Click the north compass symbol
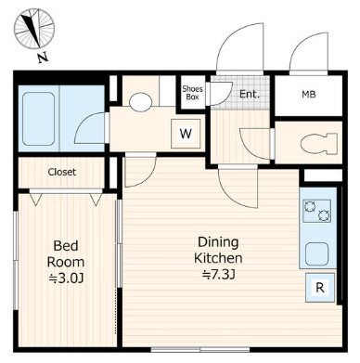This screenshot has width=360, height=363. [x=34, y=29]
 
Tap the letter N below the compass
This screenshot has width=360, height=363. [x=43, y=58]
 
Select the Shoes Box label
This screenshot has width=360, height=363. [x=192, y=93]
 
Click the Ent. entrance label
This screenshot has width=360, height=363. [x=250, y=94]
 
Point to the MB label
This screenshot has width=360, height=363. [x=309, y=95]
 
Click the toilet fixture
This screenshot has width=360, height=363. [x=319, y=143]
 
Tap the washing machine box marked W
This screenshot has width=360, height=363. [x=186, y=134]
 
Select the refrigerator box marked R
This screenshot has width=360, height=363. [x=320, y=288]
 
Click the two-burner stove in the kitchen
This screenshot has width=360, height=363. [x=317, y=211]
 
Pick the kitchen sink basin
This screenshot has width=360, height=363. [x=317, y=253]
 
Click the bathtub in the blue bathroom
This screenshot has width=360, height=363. [x=39, y=119]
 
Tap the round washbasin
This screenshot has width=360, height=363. [x=141, y=102]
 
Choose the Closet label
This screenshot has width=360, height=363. [x=62, y=172]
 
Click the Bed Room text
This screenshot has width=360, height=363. [x=66, y=253]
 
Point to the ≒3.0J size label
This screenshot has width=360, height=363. [x=66, y=279]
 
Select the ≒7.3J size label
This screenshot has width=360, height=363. [x=218, y=275]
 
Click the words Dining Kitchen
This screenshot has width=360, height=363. [x=218, y=250]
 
